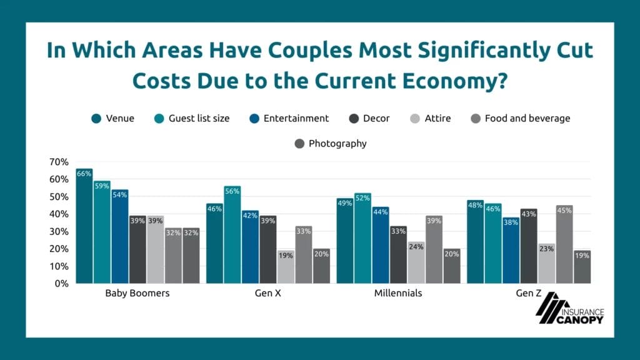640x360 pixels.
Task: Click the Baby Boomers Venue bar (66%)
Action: pos(84,226)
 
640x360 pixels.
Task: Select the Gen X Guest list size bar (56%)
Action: pos(232,234)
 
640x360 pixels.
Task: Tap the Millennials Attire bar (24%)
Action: pos(416,262)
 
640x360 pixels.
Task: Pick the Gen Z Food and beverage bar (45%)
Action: pos(564,244)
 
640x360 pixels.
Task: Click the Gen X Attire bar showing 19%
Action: pos(286,267)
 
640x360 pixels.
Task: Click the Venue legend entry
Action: pos(113,118)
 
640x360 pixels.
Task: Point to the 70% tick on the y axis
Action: pos(59,162)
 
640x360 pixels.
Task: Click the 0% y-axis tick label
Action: pos(61,283)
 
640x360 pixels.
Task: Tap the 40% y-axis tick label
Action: pos(59,214)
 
